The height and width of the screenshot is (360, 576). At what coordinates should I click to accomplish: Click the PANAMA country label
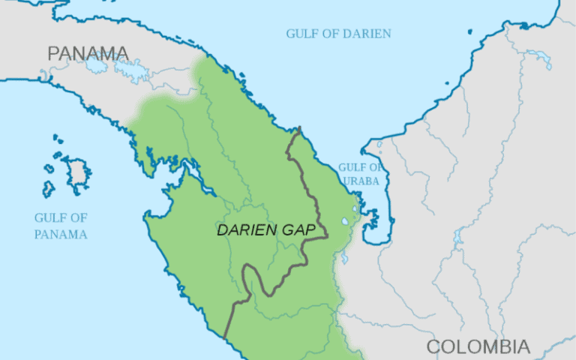[x=88, y=53]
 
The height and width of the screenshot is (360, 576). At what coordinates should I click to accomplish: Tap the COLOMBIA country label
[x=478, y=346]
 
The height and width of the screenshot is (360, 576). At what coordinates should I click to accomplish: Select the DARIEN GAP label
[x=266, y=230]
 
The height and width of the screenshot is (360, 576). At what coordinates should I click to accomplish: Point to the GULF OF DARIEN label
[x=338, y=34]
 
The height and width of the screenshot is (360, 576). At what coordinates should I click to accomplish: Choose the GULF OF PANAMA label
[x=61, y=226]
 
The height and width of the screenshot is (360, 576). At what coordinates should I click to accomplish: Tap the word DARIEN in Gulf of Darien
[x=365, y=34]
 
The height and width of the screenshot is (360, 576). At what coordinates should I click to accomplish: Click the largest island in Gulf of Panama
[x=76, y=172]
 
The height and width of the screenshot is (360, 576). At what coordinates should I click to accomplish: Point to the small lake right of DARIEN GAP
[x=345, y=222]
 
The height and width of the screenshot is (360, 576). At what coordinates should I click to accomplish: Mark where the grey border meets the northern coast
[x=299, y=128]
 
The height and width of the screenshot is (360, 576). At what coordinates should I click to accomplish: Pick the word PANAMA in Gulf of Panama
[x=61, y=234]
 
